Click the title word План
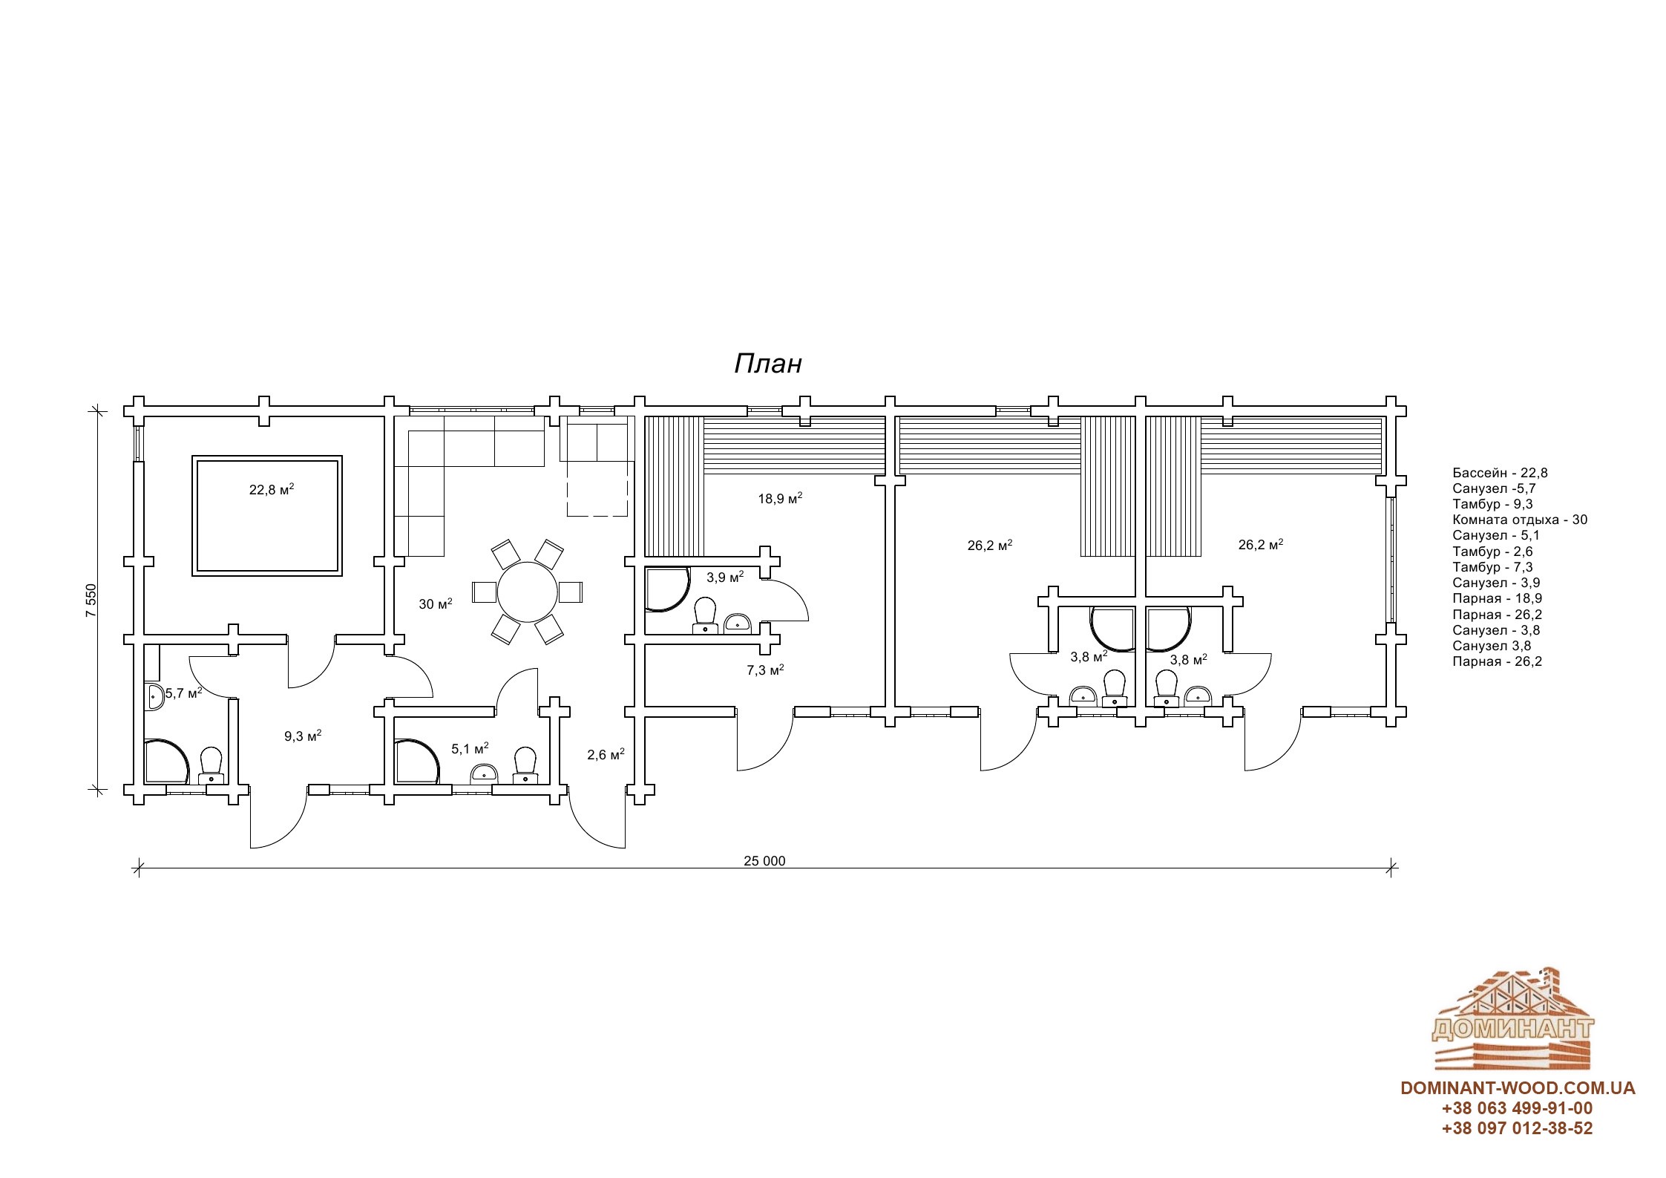768,364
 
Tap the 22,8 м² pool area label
272,489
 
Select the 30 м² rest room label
436,603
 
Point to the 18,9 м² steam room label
780,498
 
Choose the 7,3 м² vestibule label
766,670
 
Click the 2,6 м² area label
606,754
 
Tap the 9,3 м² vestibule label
303,736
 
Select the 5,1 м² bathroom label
470,748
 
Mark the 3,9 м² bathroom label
725,577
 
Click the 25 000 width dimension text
764,861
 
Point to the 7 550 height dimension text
91,601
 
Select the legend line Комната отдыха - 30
1520,520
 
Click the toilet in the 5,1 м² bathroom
525,765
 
